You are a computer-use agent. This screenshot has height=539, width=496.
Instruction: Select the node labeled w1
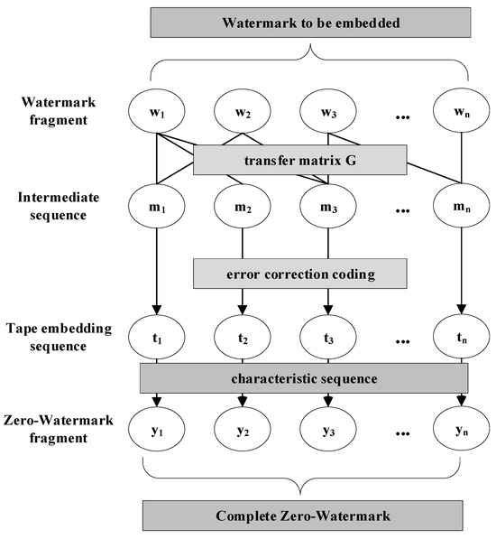click(x=156, y=114)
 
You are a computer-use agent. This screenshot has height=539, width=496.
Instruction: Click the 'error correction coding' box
click(x=300, y=272)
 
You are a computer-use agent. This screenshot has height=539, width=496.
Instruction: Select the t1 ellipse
click(x=156, y=342)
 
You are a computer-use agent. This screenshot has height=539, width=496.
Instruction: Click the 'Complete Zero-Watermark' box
click(x=304, y=517)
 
